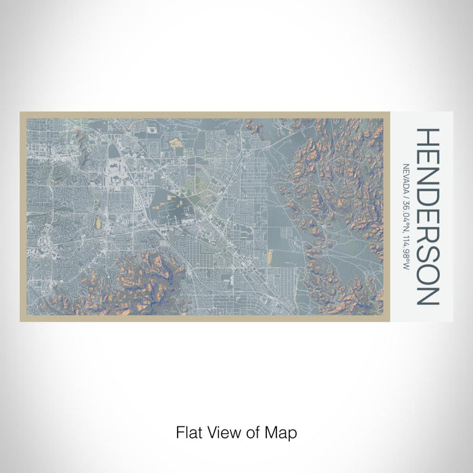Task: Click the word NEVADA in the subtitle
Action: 406,180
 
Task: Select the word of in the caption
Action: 251,432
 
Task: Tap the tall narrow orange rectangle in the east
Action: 271,257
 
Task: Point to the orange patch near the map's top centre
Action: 176,143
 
